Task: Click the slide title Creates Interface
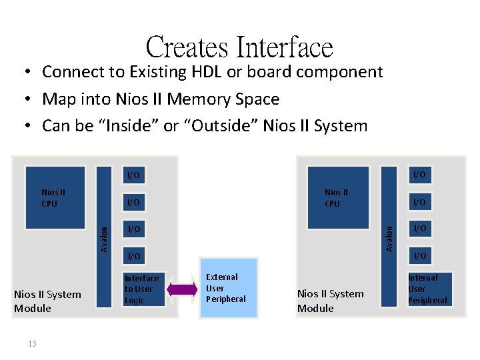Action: click(239, 47)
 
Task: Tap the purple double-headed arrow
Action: click(179, 289)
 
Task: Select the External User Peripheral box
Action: click(227, 287)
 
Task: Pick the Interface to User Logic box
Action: click(142, 289)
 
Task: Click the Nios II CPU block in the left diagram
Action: click(55, 197)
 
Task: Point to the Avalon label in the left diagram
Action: click(104, 238)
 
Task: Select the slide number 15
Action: click(33, 343)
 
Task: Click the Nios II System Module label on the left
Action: click(47, 301)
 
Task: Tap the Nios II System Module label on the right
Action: click(331, 301)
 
